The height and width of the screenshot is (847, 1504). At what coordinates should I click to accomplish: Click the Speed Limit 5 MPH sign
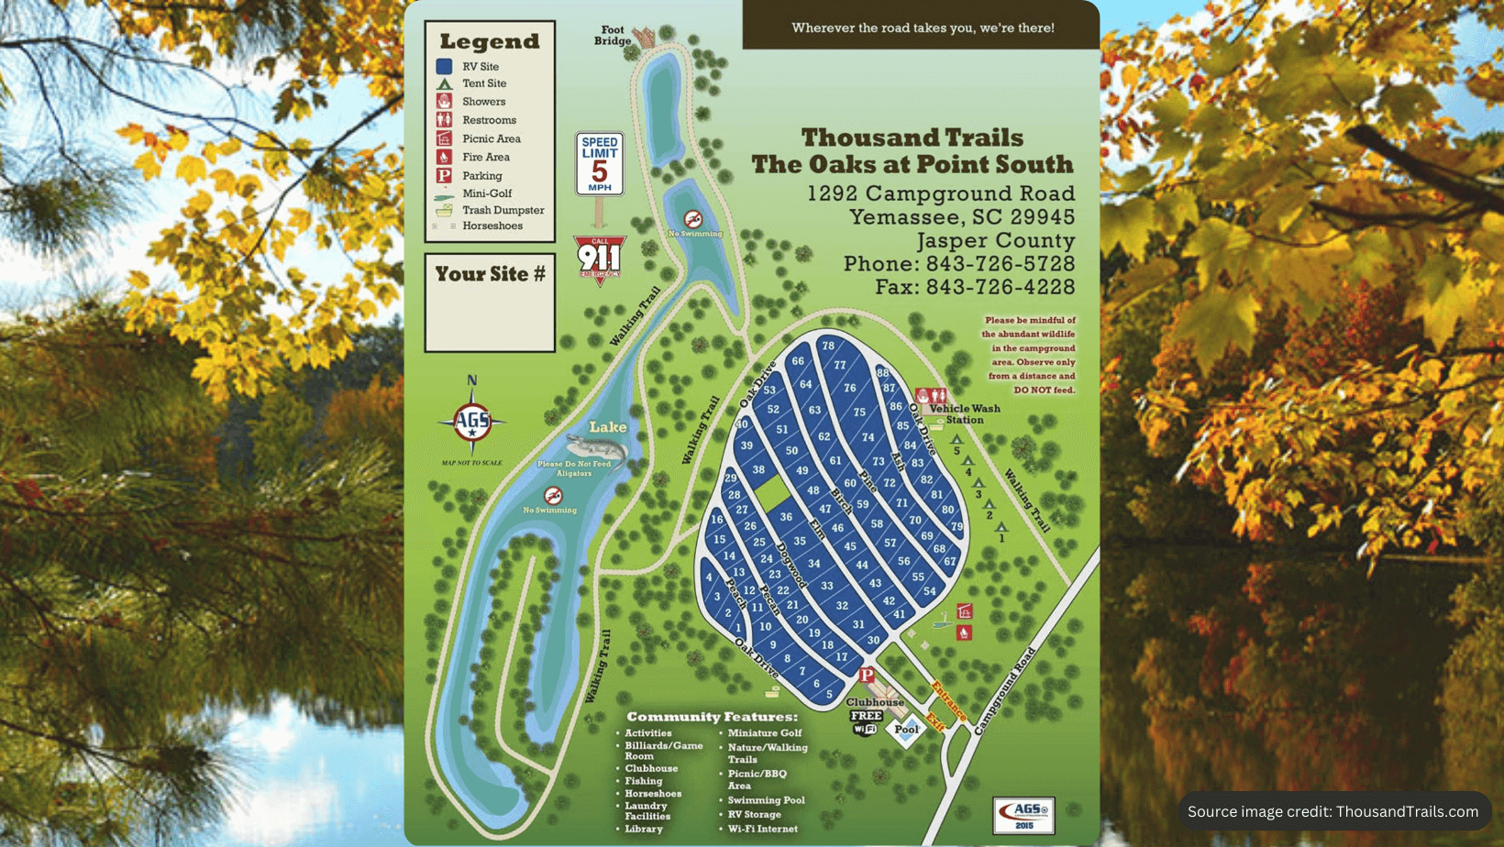tap(599, 164)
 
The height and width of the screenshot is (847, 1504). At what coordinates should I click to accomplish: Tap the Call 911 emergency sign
tap(600, 258)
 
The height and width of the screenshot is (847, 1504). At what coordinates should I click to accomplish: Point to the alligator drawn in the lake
tap(596, 449)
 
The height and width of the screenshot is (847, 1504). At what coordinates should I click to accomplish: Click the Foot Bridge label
tap(613, 36)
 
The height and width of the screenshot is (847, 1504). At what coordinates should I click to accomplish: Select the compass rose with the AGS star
tap(472, 423)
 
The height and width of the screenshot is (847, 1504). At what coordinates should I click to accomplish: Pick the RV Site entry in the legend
tap(480, 67)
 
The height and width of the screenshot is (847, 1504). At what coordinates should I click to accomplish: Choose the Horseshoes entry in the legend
tap(492, 226)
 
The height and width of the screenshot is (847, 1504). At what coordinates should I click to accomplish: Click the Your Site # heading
tap(490, 274)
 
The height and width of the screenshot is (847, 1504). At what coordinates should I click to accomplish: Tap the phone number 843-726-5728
tap(1000, 264)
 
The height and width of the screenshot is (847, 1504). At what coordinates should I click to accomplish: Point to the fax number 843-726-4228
tap(1000, 287)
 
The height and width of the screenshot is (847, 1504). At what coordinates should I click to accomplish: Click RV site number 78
tap(828, 346)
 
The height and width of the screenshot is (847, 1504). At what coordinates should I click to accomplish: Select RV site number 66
tap(798, 361)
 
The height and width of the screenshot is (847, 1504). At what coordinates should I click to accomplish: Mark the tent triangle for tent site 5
tap(957, 440)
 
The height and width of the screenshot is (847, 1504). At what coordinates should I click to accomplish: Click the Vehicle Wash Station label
tap(964, 414)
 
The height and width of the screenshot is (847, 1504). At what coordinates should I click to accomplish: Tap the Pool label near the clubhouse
tap(906, 730)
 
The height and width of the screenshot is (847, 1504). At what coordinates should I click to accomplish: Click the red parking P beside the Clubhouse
tap(867, 676)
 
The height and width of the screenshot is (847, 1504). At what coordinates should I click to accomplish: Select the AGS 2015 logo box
tap(1023, 815)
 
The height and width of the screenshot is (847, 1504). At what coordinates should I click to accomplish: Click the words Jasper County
tap(995, 241)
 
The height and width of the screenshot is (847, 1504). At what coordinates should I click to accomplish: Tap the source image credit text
tap(1333, 811)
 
